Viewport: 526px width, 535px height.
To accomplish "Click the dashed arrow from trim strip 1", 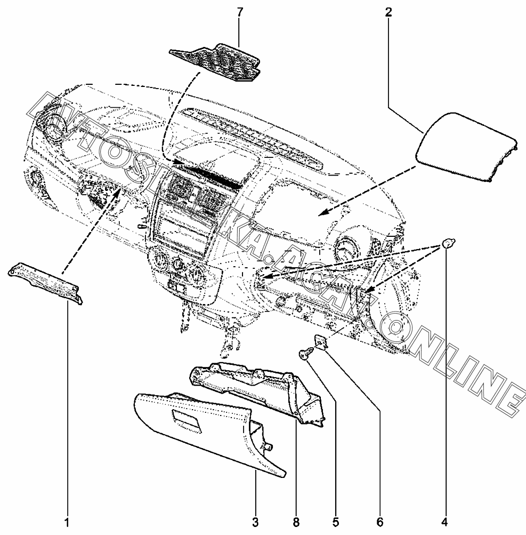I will coord(91,229).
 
